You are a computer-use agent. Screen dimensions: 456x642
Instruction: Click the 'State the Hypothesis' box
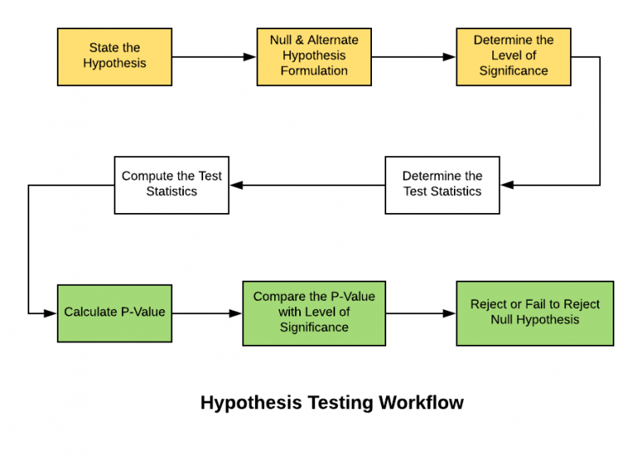(x=115, y=57)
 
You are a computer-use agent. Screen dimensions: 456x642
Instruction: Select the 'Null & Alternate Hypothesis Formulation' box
(x=314, y=57)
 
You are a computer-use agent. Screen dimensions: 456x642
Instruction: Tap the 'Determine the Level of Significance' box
(x=513, y=57)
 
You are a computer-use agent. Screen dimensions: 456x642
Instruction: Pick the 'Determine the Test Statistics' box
(x=442, y=185)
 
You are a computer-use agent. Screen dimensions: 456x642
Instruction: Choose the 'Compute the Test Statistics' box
(x=171, y=185)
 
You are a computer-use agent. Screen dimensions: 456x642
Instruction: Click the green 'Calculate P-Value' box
(x=115, y=313)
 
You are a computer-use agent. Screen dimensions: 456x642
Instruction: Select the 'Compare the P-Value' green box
(x=314, y=313)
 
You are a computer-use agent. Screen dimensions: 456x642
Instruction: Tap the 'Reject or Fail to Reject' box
(x=535, y=313)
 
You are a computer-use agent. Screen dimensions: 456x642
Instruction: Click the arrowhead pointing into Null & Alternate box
(x=250, y=57)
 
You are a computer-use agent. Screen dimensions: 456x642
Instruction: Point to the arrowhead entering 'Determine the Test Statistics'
(x=507, y=185)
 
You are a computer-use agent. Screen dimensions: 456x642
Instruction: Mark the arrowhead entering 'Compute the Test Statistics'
(x=236, y=185)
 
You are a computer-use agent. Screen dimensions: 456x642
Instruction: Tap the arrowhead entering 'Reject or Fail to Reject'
(x=450, y=313)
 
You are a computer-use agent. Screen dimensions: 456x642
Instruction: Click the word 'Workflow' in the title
(x=421, y=403)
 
